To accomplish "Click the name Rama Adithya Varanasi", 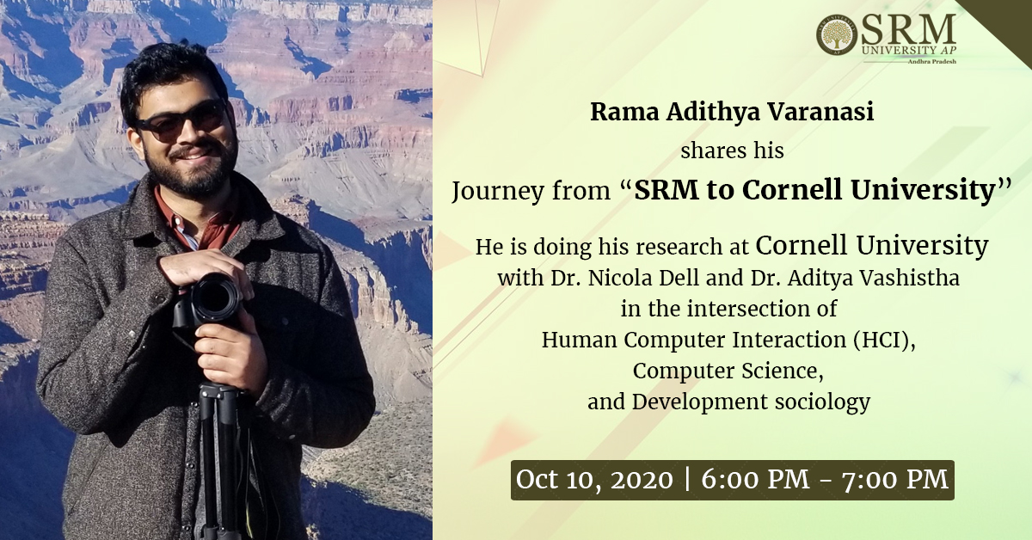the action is [x=732, y=112].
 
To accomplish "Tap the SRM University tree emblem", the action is [x=837, y=35].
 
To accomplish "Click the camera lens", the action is [x=215, y=298].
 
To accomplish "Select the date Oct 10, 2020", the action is [x=594, y=480].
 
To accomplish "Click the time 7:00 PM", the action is [x=894, y=479].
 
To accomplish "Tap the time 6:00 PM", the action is [x=756, y=479].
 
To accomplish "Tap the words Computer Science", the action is [x=728, y=371].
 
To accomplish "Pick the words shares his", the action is [x=732, y=150].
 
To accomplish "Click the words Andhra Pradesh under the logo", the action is [x=932, y=61].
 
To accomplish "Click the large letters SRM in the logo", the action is [x=907, y=31].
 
